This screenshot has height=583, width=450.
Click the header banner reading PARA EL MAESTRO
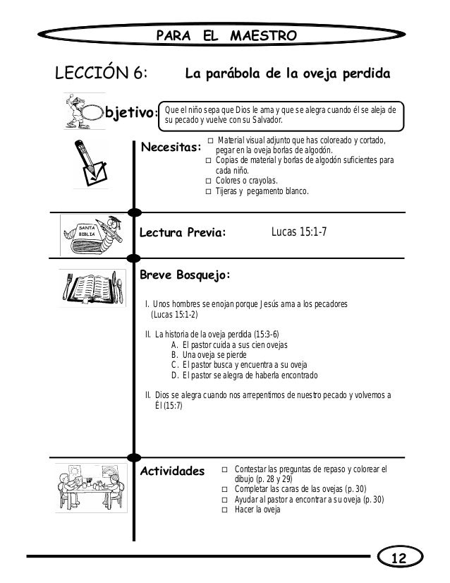point(225,35)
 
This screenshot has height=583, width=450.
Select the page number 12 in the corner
point(400,559)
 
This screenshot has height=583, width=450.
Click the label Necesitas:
point(171,147)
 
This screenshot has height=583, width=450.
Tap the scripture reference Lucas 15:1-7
point(298,230)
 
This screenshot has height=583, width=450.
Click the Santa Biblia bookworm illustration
point(90,231)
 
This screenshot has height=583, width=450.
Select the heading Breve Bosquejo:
point(185,275)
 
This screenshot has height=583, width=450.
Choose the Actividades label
point(173,470)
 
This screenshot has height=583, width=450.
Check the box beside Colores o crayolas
point(208,181)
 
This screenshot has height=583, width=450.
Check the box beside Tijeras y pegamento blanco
point(208,191)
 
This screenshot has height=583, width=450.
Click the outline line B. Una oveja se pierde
point(214,355)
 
